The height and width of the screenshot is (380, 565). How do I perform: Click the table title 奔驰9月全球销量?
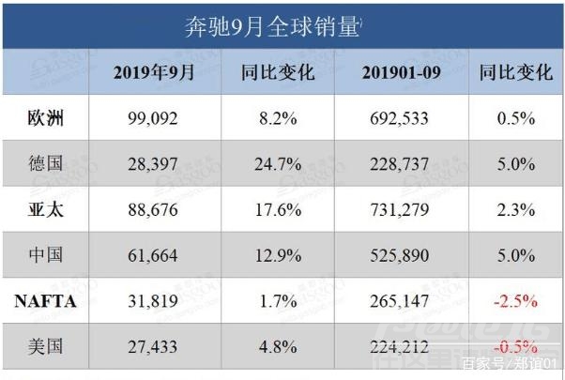[272, 25]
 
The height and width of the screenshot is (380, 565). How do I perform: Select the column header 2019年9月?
[154, 72]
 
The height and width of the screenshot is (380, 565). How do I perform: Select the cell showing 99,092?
[154, 119]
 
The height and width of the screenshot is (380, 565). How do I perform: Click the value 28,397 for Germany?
[154, 164]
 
